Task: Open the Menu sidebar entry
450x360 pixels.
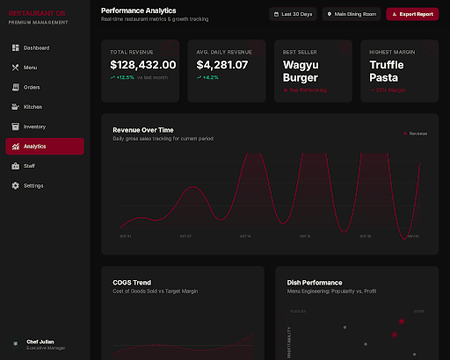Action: (30, 68)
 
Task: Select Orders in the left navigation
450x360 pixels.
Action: (32, 87)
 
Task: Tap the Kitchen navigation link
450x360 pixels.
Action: (33, 106)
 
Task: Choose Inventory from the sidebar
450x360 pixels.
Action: (34, 126)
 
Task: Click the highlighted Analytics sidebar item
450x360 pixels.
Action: (34, 147)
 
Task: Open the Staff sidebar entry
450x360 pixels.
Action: (30, 166)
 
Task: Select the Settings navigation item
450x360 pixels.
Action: (33, 185)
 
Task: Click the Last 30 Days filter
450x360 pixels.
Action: (294, 14)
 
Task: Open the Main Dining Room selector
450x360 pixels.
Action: (352, 14)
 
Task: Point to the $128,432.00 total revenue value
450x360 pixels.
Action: (142, 65)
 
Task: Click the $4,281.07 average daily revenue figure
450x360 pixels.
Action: (223, 65)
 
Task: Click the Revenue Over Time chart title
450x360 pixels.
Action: (149, 130)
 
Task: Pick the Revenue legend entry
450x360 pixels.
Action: (416, 133)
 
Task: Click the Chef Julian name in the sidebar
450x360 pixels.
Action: (41, 342)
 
